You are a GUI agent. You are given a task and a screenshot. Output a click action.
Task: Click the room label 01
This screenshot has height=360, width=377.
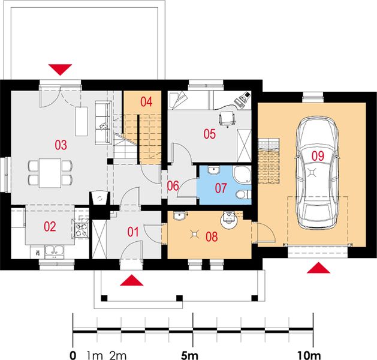[x=132, y=232]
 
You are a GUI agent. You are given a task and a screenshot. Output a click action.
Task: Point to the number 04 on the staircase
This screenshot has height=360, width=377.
[x=147, y=101]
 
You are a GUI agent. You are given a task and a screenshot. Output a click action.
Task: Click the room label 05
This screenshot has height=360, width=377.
[x=209, y=134]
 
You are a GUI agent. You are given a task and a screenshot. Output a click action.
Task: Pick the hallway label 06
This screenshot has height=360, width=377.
[x=173, y=185]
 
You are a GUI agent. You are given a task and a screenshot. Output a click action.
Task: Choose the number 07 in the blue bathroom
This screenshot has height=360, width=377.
[x=221, y=188]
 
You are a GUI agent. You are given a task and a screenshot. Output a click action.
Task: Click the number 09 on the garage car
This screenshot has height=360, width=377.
[x=318, y=155]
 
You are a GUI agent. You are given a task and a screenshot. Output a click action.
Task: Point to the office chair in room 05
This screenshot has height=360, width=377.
[x=227, y=118]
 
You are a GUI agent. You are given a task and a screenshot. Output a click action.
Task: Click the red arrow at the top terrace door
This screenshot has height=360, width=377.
[x=60, y=69]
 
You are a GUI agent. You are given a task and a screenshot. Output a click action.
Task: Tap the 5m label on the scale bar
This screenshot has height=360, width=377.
[x=192, y=353]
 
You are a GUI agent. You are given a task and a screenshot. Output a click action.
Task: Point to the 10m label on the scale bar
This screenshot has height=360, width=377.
[x=312, y=353]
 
